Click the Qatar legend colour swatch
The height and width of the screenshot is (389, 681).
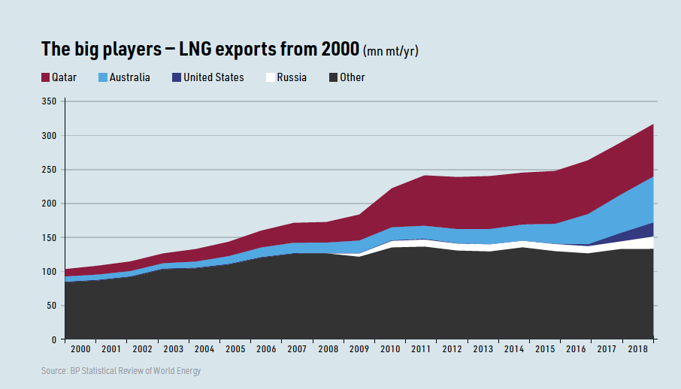[45, 77]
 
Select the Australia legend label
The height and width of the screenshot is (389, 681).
[129, 77]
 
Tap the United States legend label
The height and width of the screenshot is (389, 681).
[213, 77]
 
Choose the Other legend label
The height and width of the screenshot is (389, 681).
[353, 77]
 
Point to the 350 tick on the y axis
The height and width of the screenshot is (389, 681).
[49, 101]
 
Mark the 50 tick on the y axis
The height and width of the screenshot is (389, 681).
[51, 306]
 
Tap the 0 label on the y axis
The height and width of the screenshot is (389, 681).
[53, 339]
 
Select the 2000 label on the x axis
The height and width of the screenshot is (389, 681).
[80, 350]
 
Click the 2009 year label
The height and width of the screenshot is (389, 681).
[359, 350]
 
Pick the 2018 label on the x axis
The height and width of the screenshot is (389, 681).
[637, 350]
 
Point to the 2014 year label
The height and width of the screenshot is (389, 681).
[513, 350]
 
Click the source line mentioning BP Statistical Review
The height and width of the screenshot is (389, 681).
[121, 371]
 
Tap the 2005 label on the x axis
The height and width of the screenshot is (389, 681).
[235, 350]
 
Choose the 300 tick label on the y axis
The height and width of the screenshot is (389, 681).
[49, 136]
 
